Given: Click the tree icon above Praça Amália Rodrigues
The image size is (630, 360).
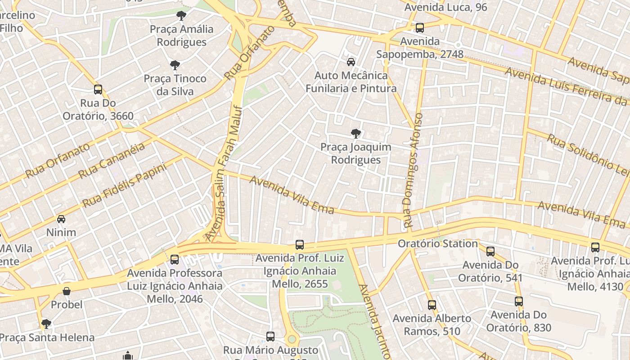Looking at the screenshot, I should click(181, 16).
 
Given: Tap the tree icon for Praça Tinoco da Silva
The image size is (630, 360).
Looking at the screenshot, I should click(175, 65).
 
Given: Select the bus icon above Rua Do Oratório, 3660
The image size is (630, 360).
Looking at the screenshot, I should click(98, 90).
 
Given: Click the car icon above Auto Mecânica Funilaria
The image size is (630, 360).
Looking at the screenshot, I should click(351, 62).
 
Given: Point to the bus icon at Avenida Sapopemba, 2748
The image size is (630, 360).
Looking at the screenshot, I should click(420, 28).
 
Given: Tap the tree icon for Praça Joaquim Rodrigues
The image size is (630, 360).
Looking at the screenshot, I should click(355, 134).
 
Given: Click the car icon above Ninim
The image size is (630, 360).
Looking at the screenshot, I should click(61, 219).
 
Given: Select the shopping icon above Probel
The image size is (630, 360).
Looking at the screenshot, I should click(67, 291).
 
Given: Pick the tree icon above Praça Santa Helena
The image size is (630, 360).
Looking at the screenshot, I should click(46, 324).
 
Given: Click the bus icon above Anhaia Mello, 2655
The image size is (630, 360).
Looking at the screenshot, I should click(300, 245).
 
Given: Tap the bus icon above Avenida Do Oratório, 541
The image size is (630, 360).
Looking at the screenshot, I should click(490, 251).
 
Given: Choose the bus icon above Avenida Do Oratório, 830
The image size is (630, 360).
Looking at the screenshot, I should click(519, 301).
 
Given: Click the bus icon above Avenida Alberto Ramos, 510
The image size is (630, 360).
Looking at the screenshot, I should click(432, 305).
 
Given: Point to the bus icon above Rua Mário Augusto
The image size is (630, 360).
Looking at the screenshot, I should click(270, 337).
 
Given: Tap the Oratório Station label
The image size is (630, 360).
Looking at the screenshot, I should click(438, 244).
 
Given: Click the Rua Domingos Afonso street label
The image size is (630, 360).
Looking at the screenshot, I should click(414, 170).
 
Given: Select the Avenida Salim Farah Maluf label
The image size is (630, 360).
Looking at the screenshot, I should click(224, 173).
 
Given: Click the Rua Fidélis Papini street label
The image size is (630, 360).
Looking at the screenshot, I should click(125, 185).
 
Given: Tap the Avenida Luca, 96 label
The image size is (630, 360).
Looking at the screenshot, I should click(445, 7).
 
